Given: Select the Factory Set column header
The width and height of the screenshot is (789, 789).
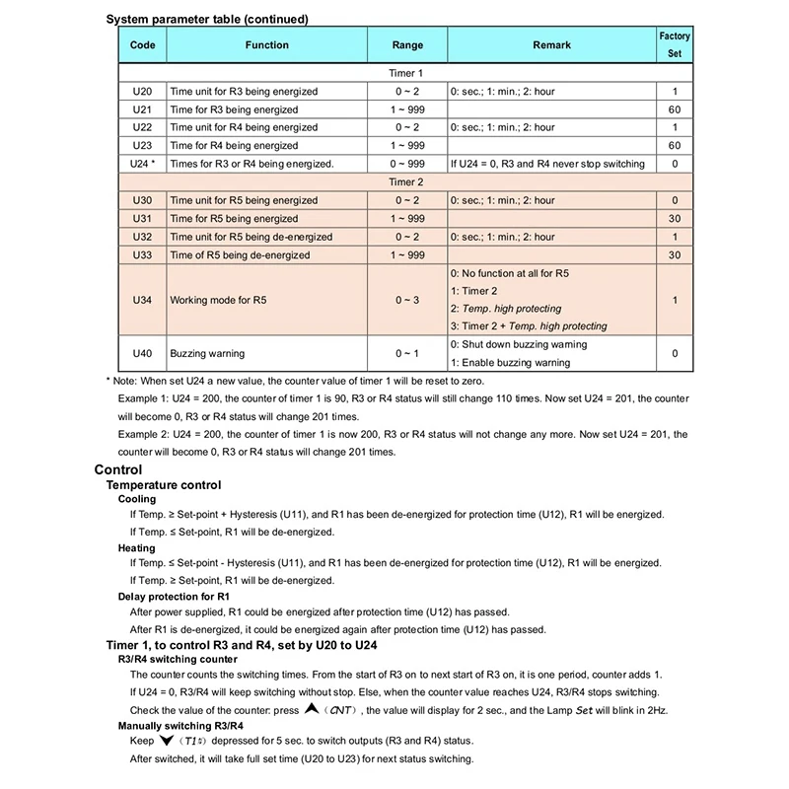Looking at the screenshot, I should point(675,45).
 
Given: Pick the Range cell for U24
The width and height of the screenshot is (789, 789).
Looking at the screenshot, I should point(407,163).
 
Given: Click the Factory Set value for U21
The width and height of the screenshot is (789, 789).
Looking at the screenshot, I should point(675,109).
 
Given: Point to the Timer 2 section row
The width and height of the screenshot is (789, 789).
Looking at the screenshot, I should point(406,181).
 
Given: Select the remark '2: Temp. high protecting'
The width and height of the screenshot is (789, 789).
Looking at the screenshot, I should point(505,309).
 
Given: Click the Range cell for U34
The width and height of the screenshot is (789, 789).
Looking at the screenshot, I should point(407,299).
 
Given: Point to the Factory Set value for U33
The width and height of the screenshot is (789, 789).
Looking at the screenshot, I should point(675,254).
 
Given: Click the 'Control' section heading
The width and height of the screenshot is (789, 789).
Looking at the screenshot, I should point(117,470).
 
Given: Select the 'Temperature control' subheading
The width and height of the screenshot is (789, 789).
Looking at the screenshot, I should point(163,485).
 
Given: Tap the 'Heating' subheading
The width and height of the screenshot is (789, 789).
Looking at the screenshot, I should point(136,547).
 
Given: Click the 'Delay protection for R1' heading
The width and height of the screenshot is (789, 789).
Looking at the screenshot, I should point(174,597).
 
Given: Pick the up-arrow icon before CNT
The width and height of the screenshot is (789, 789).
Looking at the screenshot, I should point(312,709).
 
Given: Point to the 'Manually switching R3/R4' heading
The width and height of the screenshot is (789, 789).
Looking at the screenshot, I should point(180,725).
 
